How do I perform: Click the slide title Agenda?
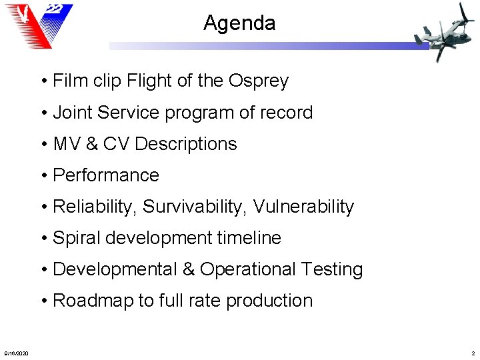(239, 23)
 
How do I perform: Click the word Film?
(69, 81)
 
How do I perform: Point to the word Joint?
(73, 113)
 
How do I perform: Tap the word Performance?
(106, 175)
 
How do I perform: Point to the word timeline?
(250, 238)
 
